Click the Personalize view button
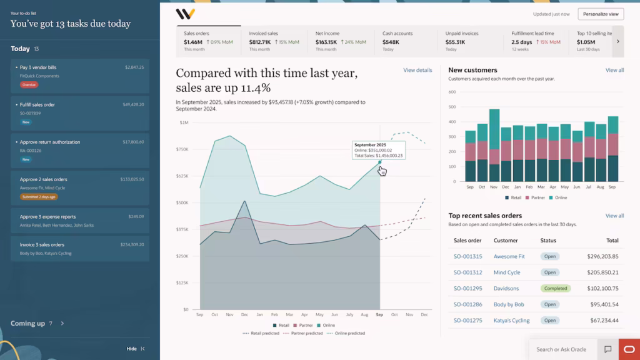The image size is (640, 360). [601, 14]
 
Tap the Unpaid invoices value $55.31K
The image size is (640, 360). [455, 42]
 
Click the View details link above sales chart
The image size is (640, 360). [417, 70]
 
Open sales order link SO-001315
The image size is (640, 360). [467, 256]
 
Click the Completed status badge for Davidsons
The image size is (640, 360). [556, 289]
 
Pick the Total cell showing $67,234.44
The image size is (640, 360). [602, 321]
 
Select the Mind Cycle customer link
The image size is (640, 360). [507, 272]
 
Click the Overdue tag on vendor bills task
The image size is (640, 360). [29, 84]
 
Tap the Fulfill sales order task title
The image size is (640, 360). [37, 104]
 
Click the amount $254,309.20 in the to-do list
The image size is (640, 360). [132, 244]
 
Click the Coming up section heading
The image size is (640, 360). [28, 323]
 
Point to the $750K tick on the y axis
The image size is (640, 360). [182, 149]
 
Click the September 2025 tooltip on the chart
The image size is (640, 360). [378, 150]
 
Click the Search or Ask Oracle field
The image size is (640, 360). [561, 349]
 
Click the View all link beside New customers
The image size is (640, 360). [614, 70]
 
